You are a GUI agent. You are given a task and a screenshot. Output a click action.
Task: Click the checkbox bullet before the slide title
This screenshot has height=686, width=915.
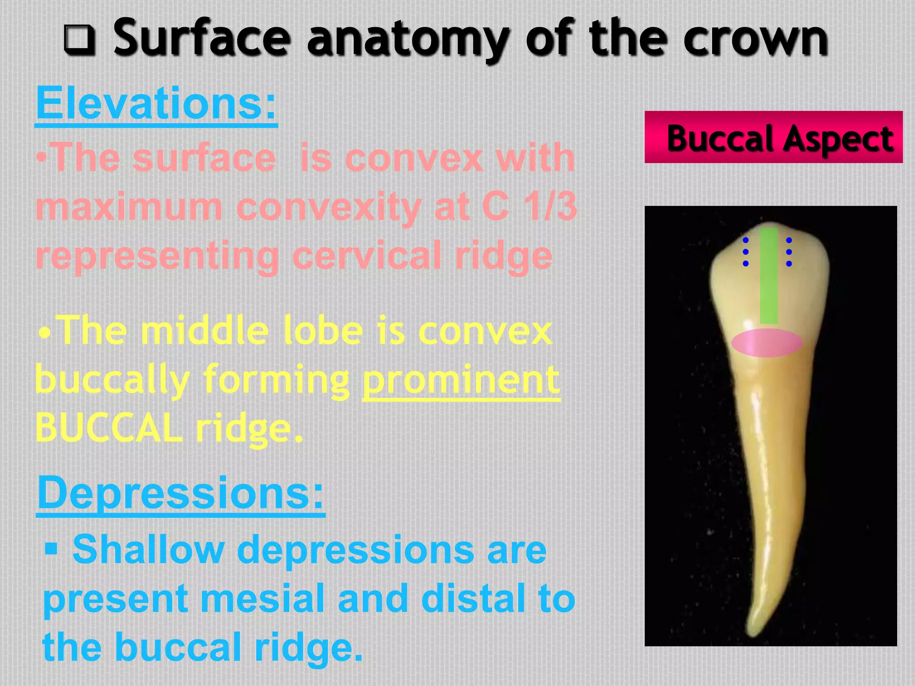[x=80, y=40]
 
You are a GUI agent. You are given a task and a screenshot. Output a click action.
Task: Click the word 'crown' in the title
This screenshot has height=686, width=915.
[x=755, y=39]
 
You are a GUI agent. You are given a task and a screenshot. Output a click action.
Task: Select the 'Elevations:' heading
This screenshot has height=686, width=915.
[x=156, y=104]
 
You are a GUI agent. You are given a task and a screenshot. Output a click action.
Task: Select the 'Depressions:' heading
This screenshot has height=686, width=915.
[x=180, y=493]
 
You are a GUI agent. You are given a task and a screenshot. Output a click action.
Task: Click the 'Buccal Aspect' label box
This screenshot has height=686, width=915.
[x=773, y=137]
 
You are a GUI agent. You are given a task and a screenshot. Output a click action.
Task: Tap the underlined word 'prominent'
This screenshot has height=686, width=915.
[x=461, y=380]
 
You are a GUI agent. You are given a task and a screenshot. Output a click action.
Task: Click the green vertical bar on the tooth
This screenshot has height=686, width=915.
[x=768, y=276]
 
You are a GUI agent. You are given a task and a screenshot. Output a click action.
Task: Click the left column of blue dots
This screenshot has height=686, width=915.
[x=745, y=252]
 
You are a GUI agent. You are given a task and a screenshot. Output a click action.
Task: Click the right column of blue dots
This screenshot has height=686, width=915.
[x=789, y=252]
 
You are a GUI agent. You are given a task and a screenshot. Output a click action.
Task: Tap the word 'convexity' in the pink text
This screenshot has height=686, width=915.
[x=329, y=207]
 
